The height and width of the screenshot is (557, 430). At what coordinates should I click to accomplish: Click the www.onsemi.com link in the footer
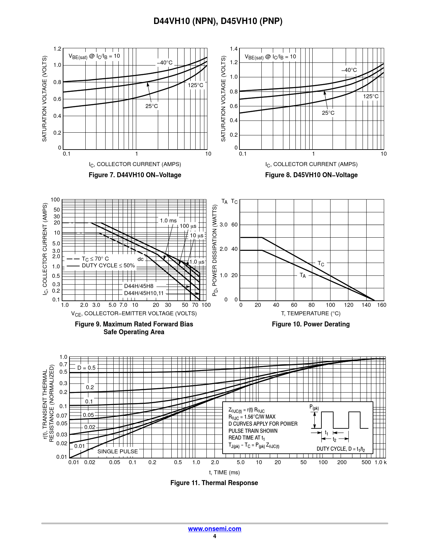click(214, 529)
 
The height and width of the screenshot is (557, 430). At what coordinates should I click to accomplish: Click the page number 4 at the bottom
click(214, 536)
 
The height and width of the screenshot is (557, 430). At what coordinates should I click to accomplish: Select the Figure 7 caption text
click(135, 175)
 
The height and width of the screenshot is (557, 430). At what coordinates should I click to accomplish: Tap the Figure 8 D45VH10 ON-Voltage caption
click(311, 175)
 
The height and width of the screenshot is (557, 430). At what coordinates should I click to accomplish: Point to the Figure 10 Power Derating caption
click(311, 324)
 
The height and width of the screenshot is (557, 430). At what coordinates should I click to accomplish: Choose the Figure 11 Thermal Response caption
click(214, 483)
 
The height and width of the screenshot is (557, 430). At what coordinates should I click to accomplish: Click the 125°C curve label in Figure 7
click(196, 85)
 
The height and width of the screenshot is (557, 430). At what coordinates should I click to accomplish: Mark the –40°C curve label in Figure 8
click(349, 70)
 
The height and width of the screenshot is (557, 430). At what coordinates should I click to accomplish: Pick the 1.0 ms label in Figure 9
click(168, 220)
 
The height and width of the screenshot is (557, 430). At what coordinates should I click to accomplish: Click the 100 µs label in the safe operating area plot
click(188, 226)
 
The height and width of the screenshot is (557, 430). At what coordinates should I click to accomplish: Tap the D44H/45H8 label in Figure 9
click(139, 286)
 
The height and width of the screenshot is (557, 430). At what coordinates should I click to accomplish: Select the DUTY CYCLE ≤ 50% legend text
click(108, 266)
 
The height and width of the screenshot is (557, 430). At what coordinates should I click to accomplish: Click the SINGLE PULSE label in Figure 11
click(118, 451)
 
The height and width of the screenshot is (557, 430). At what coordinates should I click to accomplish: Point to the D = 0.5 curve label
click(86, 368)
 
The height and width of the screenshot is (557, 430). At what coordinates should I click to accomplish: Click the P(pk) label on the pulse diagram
click(314, 407)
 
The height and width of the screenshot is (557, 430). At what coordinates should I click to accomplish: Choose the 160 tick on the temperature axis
click(382, 305)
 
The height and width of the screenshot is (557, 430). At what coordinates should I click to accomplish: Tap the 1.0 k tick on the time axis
click(380, 462)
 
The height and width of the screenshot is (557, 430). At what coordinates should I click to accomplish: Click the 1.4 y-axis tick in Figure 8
click(234, 49)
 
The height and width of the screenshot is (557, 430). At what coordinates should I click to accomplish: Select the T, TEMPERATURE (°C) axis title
click(311, 314)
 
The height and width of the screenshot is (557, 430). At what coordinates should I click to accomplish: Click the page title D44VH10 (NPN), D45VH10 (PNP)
click(218, 21)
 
